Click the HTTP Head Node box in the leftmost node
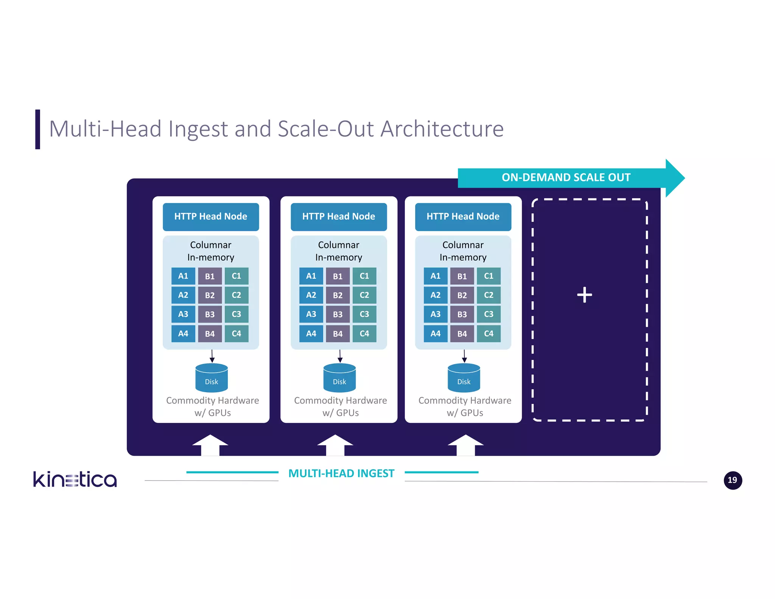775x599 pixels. pos(211,217)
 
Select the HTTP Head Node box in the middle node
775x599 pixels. pos(339,217)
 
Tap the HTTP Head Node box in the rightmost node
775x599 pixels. pos(463,217)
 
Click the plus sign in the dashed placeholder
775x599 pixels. pos(584,295)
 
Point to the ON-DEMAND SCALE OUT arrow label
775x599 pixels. pos(566,178)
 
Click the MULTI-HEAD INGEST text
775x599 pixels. pos(341,473)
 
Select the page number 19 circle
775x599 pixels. pos(733,480)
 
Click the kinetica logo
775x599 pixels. pos(75,479)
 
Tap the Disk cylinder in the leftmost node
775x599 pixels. pos(212,378)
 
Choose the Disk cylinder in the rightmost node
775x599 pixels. pos(464,378)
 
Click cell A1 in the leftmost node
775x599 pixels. pos(183,276)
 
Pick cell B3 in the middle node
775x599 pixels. pos(338,314)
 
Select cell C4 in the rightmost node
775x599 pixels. pos(489,334)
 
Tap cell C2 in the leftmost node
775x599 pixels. pos(237,295)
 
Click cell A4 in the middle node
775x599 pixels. pos(311,334)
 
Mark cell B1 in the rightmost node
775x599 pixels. pos(462,276)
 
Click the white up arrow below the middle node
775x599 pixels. pos(335,445)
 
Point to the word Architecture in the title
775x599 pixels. pos(442,129)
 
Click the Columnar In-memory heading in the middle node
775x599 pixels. pos(339,251)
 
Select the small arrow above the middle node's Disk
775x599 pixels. pos(340,356)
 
